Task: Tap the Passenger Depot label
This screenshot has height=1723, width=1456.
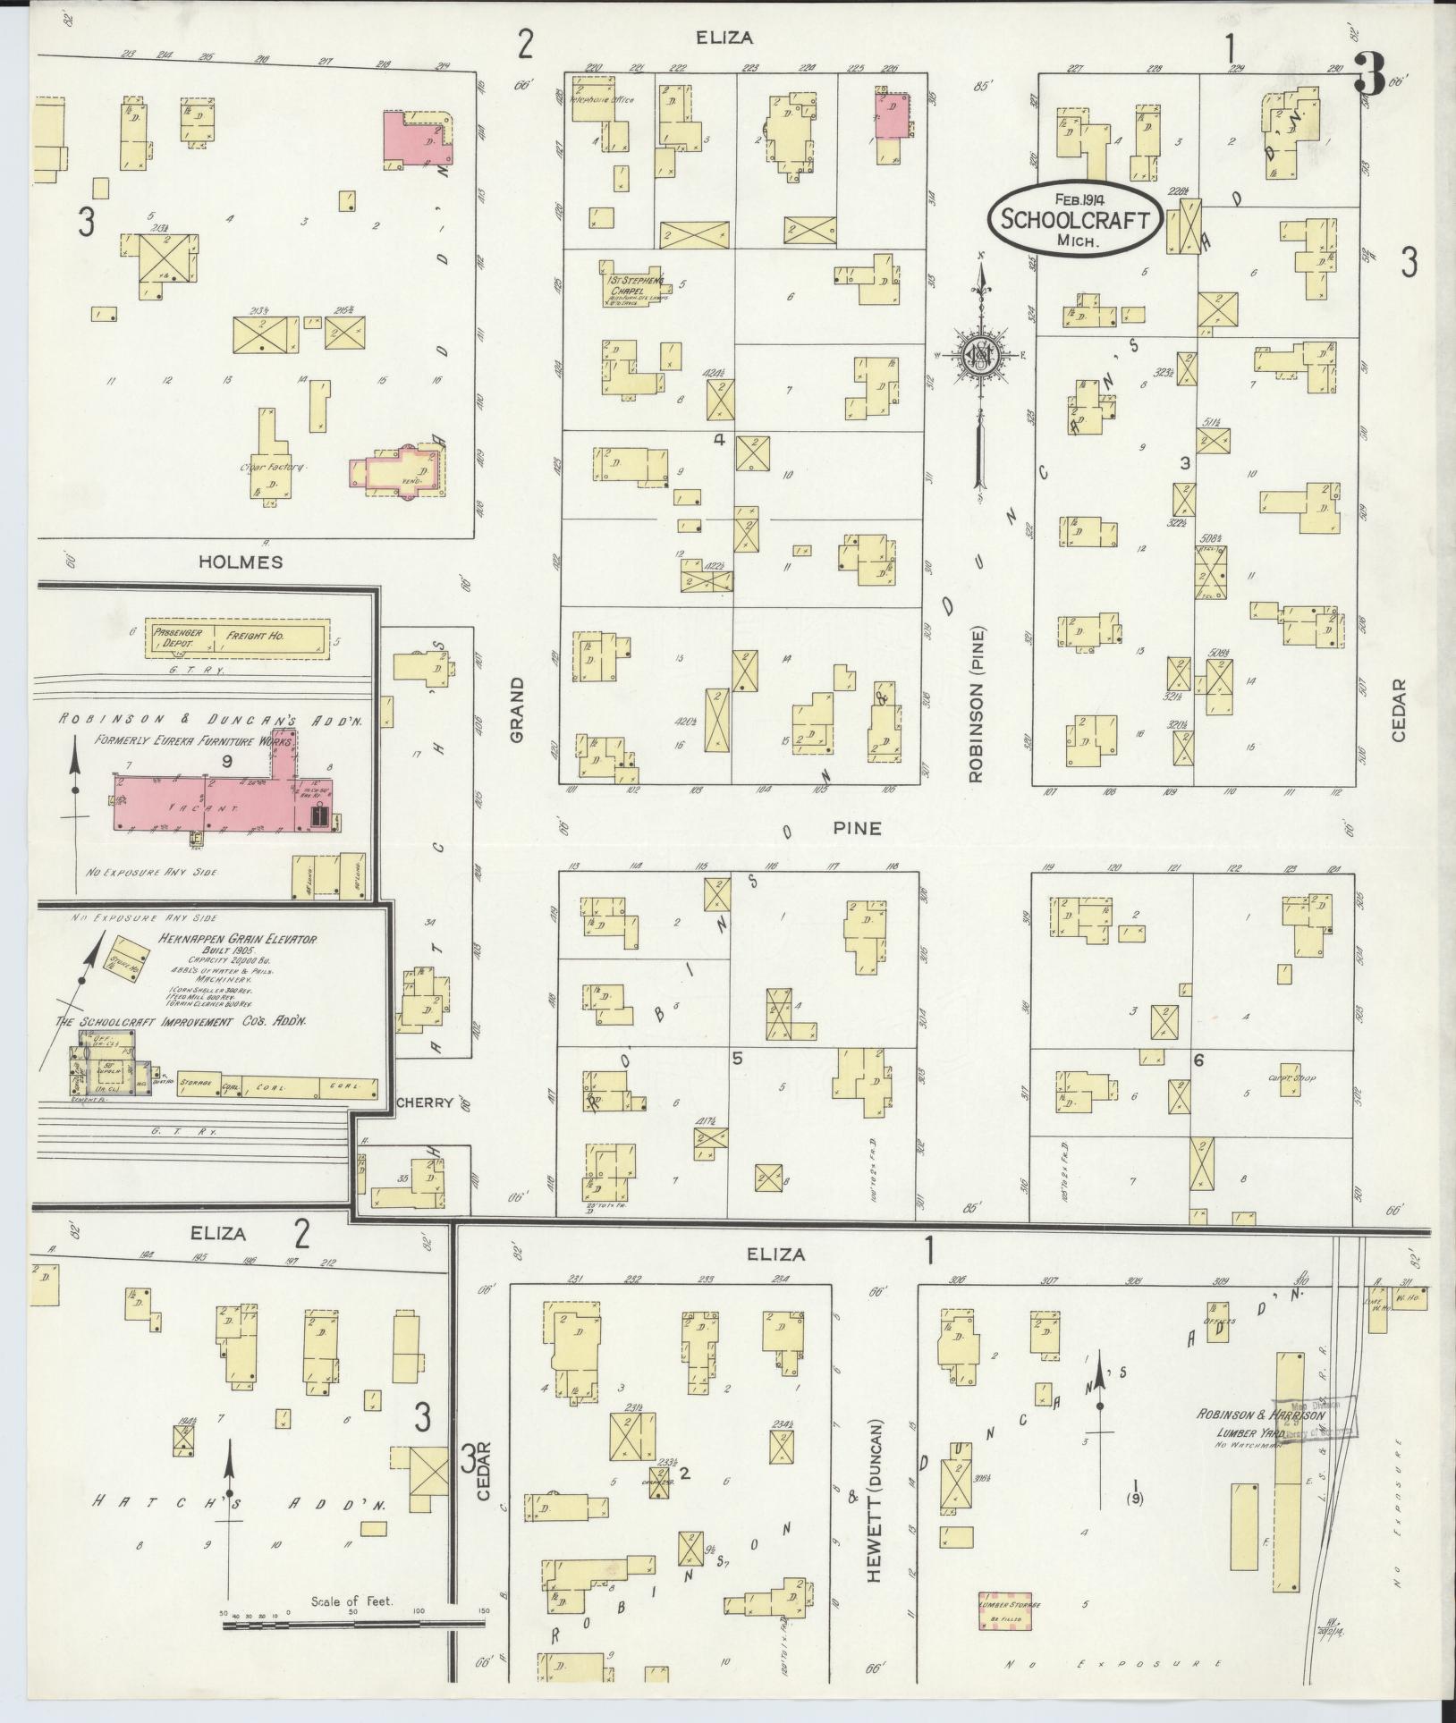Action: click(x=179, y=638)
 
